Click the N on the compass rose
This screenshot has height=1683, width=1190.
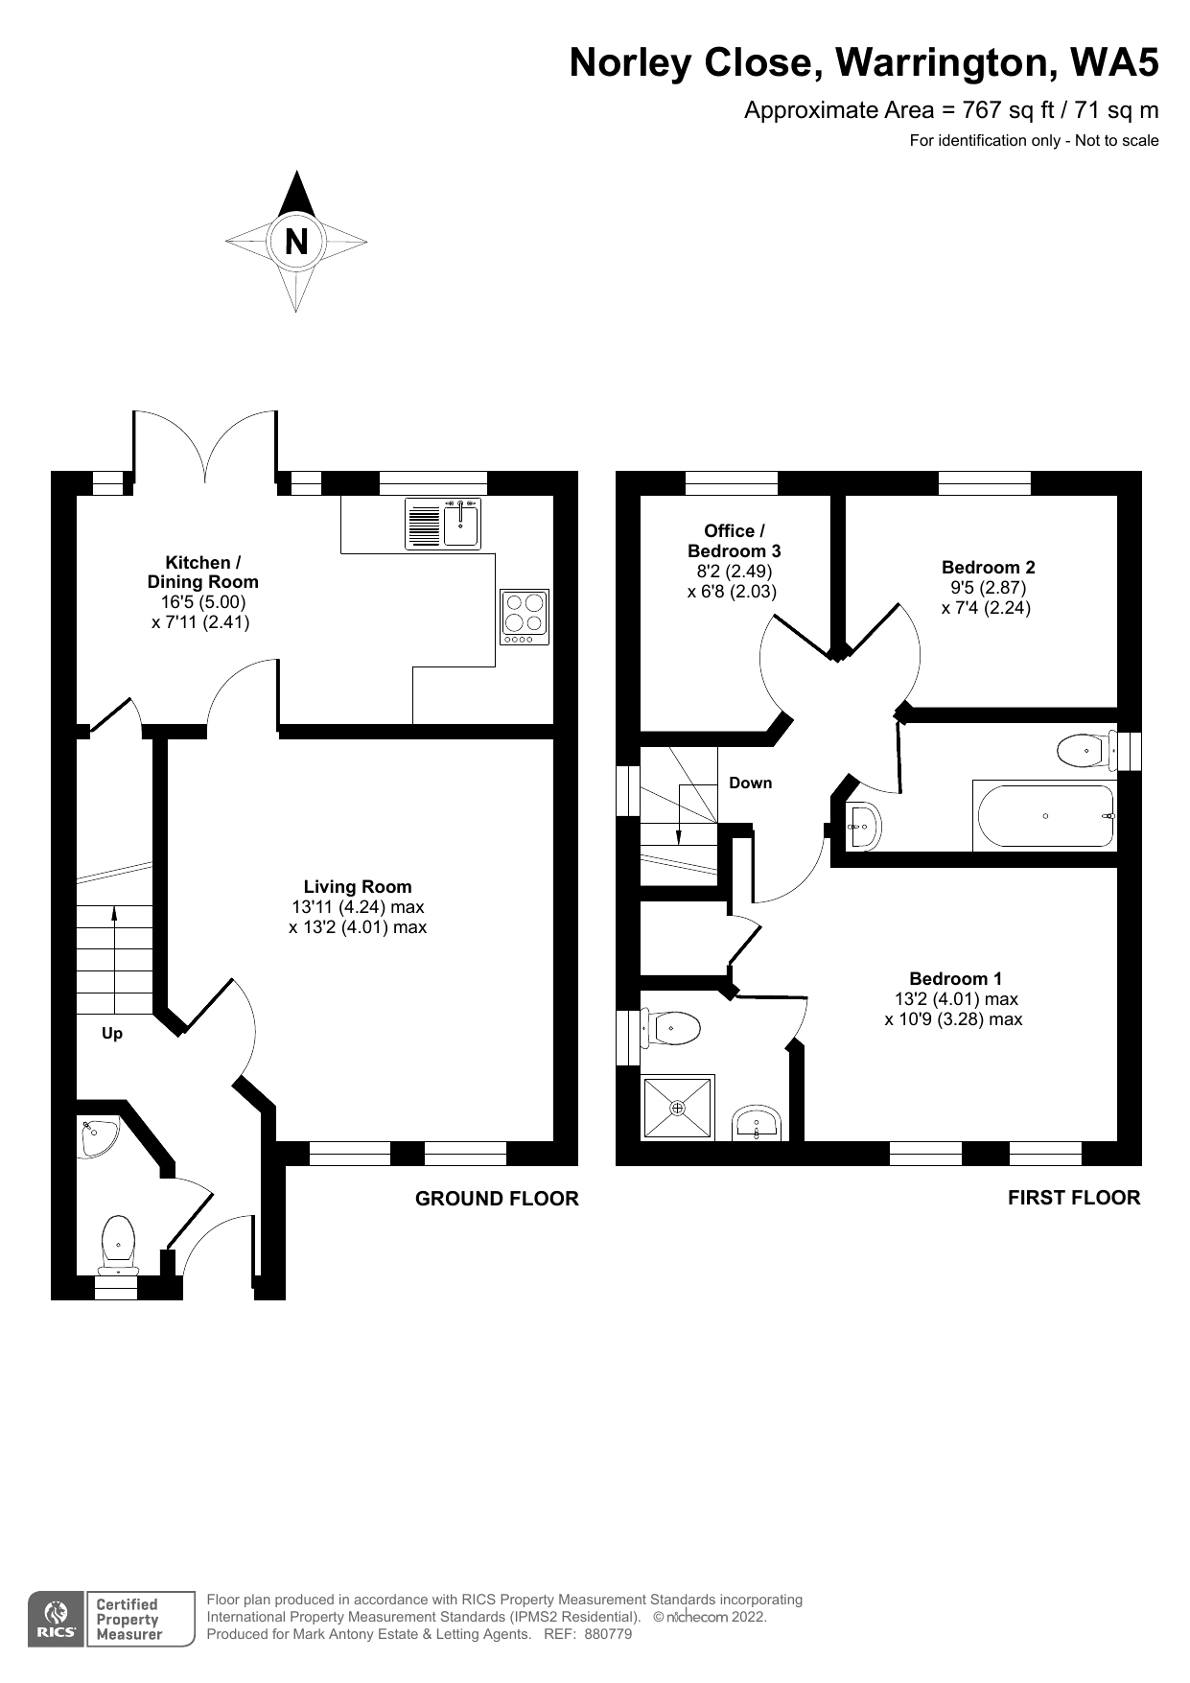click(296, 242)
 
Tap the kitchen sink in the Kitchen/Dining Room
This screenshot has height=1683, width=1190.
click(461, 523)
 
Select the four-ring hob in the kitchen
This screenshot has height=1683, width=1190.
click(525, 617)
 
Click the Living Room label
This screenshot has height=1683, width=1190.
click(358, 887)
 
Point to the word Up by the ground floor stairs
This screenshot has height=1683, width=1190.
click(112, 1034)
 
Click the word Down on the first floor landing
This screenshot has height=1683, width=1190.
click(750, 783)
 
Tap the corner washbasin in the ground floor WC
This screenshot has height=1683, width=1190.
click(98, 1137)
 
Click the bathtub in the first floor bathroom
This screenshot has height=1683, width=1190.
click(1045, 816)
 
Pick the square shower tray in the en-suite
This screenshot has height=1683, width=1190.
click(678, 1109)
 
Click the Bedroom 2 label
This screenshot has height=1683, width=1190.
click(988, 568)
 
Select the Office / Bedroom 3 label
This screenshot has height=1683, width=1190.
click(735, 541)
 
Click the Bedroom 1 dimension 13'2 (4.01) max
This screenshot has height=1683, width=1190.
click(955, 999)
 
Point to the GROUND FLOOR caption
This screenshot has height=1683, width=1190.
click(497, 1199)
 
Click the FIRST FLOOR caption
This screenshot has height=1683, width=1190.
click(1074, 1198)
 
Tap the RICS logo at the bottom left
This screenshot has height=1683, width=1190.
click(56, 1620)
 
